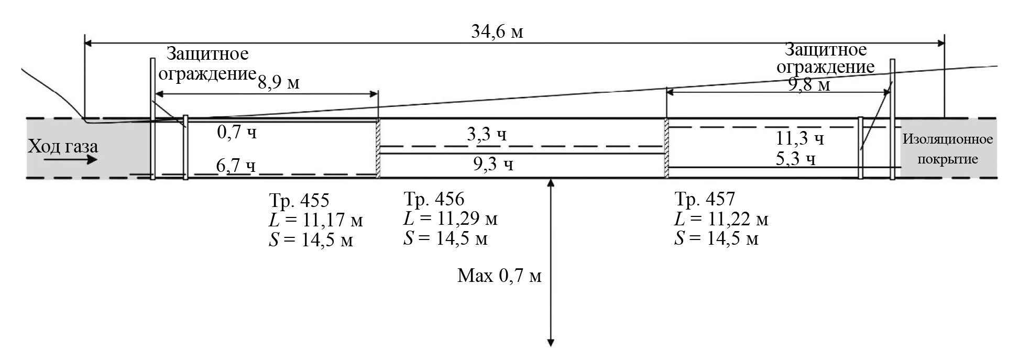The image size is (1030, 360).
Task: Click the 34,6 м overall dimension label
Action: tap(497, 31)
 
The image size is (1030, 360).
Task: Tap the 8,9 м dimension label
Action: tap(278, 82)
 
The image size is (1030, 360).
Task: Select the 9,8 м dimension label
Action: tap(809, 84)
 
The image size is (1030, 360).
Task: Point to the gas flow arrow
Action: tap(71, 159)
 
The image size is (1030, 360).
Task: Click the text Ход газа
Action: tap(63, 145)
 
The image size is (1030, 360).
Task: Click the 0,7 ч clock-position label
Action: tap(237, 132)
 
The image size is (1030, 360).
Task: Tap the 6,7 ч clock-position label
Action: tap(236, 166)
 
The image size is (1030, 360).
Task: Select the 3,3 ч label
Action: tap(487, 134)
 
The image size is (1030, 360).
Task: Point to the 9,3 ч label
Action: tap(493, 165)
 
